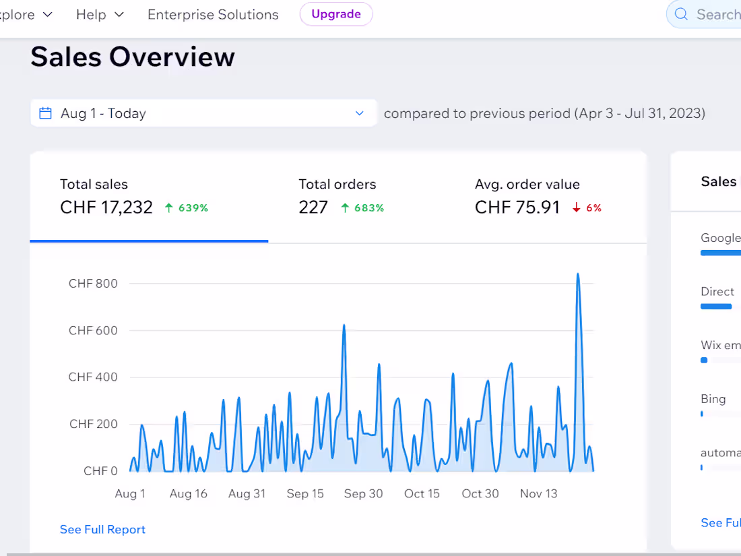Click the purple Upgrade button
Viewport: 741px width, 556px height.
336,14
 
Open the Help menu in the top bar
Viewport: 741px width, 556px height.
100,15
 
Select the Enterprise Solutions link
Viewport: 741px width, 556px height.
213,15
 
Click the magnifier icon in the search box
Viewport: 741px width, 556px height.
681,14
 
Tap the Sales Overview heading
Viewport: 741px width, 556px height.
133,57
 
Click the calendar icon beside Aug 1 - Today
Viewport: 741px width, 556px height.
45,113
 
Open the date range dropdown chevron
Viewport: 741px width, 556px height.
360,113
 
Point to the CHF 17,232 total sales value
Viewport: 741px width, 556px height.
106,207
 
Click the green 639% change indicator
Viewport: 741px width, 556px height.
186,208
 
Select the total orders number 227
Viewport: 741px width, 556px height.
313,207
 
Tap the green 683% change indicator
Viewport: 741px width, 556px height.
362,208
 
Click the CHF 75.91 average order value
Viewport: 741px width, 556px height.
517,207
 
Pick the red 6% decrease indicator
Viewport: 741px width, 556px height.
587,208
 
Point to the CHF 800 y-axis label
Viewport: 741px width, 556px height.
93,283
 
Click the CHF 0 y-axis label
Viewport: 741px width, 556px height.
100,471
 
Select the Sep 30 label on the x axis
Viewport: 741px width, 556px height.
363,493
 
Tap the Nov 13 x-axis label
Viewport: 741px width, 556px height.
539,493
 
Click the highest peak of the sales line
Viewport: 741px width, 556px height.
577,274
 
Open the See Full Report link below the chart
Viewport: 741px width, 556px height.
102,530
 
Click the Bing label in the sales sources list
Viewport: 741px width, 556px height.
713,399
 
